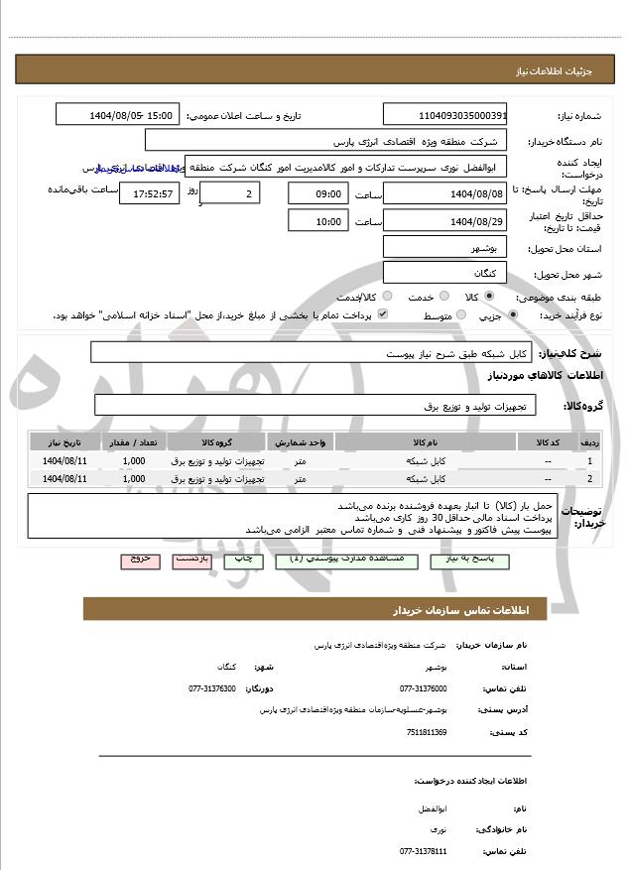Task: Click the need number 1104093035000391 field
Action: point(444,115)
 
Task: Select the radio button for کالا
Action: point(488,297)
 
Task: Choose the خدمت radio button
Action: point(442,297)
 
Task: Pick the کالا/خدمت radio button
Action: point(386,297)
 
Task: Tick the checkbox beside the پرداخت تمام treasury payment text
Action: point(382,315)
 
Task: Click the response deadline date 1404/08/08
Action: point(444,192)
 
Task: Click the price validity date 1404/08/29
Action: point(444,220)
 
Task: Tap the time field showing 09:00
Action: point(318,192)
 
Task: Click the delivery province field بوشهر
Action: point(444,247)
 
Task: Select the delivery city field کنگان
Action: point(444,273)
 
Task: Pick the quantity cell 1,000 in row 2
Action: point(134,479)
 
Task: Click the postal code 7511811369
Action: point(427,732)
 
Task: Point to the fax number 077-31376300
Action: point(212,688)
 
